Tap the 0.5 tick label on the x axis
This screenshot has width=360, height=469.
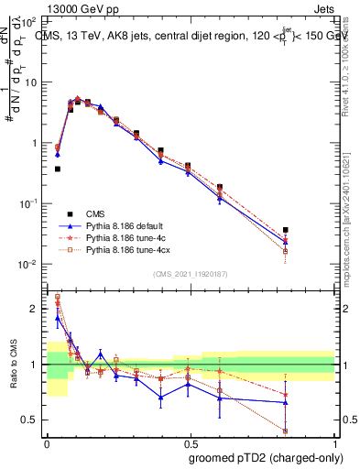tap(191, 443)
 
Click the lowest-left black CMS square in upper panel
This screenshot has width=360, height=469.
tap(58, 169)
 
